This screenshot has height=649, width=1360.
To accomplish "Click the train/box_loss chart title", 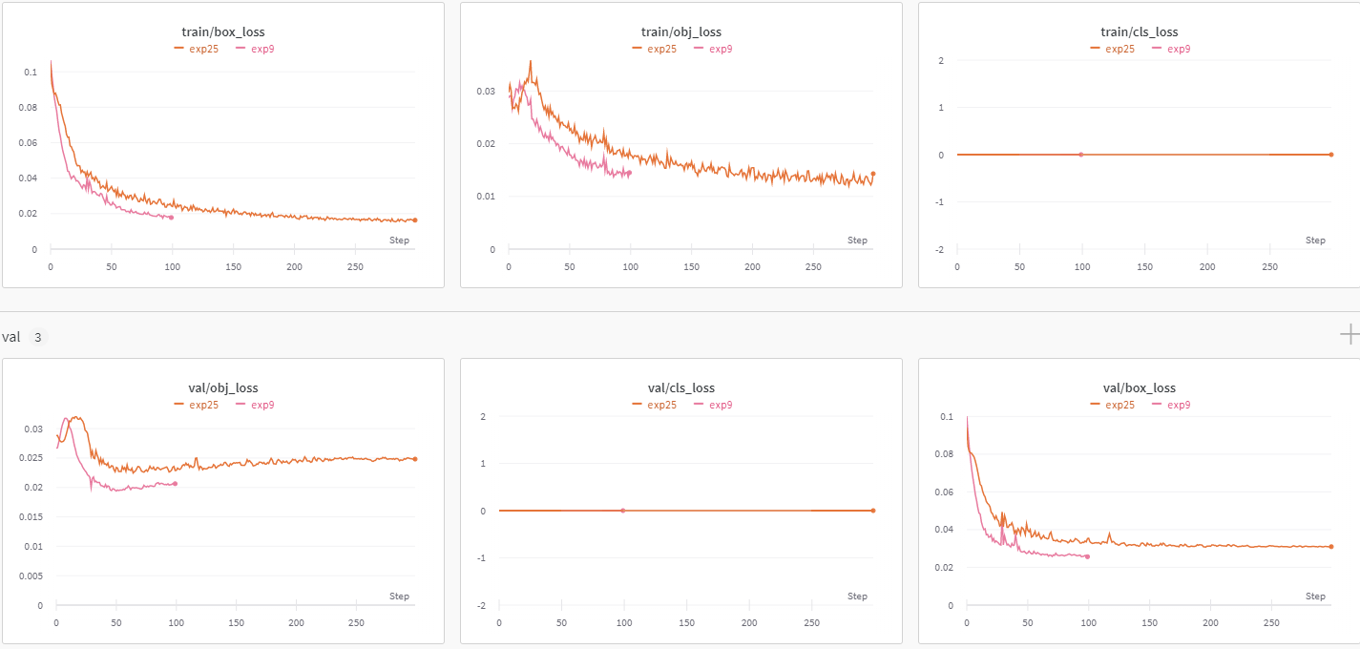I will click(x=223, y=31).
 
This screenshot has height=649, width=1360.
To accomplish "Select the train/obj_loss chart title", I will click(x=681, y=31).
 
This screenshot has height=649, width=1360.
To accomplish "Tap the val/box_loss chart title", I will click(x=1140, y=387).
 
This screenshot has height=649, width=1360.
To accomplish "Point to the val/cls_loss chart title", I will click(x=681, y=387).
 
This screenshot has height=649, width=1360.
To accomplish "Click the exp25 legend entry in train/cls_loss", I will click(x=1113, y=49).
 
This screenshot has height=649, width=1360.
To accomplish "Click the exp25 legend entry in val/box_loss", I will click(x=1113, y=405).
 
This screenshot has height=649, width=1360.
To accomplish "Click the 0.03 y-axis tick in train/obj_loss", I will click(x=487, y=92).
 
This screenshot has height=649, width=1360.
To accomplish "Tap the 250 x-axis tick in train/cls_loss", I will click(x=1270, y=267).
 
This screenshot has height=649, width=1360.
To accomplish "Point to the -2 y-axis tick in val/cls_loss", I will click(x=482, y=606).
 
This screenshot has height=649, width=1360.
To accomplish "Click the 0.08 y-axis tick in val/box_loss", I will click(x=944, y=454).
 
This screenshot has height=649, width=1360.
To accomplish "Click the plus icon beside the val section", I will click(x=1349, y=334).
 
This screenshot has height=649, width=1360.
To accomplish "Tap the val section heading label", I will click(x=11, y=337).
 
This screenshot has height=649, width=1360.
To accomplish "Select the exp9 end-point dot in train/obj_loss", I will click(x=630, y=172).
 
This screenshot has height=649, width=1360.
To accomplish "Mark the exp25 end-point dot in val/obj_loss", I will click(x=415, y=459).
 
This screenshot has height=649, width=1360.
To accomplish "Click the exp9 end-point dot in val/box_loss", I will click(x=1087, y=556).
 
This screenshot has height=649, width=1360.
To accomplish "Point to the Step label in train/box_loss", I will click(x=399, y=241).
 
